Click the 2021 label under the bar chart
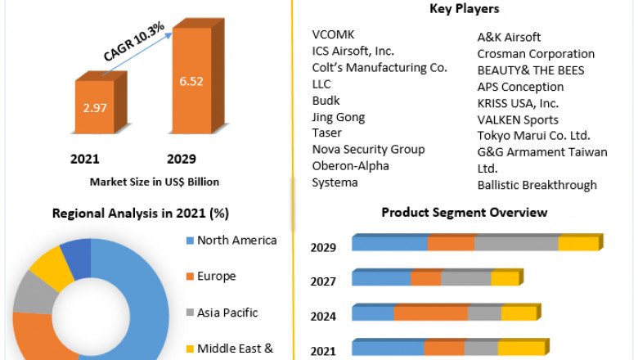[x=86, y=159]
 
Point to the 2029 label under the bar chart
[x=182, y=159]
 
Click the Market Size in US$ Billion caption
[x=155, y=182]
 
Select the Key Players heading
[x=465, y=9]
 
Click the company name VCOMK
[x=332, y=34]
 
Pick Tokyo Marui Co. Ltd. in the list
[x=533, y=136]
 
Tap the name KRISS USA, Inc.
[x=518, y=103]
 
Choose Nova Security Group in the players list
[x=368, y=149]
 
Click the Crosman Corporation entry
[x=536, y=54]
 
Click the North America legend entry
[x=236, y=241]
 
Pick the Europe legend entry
[x=216, y=277]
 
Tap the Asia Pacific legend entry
[x=227, y=313]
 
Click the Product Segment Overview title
[x=465, y=213]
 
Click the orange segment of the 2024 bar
[x=430, y=313]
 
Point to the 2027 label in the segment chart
[x=324, y=281]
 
